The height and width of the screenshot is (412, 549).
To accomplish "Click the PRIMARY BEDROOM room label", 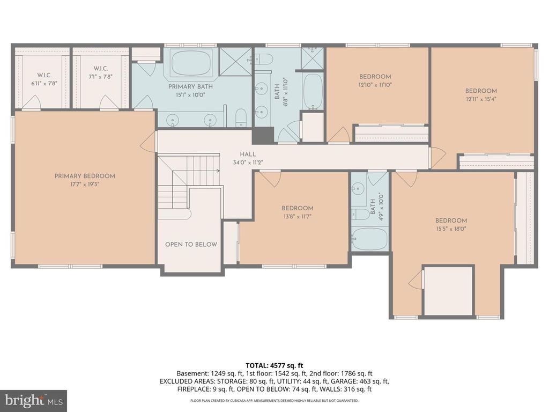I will (85, 176).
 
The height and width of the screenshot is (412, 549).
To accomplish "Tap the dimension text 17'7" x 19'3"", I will (85, 184).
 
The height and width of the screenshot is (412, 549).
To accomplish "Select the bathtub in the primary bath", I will (191, 63).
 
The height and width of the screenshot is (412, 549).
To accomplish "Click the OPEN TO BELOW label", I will (191, 245).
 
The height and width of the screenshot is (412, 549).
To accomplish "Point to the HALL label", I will (247, 154).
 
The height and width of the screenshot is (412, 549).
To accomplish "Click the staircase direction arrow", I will (217, 171).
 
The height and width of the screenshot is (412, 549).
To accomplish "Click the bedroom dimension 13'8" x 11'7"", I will (298, 216).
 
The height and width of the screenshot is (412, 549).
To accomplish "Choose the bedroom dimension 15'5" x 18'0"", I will (451, 229).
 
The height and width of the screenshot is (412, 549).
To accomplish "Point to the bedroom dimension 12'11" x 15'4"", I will (481, 99).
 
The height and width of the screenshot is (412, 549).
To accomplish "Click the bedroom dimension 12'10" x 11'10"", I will (375, 85).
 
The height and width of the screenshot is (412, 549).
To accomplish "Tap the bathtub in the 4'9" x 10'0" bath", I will (369, 239).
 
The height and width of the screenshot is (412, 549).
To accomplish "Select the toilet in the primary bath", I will (241, 117).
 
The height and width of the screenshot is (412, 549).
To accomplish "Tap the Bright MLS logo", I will (33, 400).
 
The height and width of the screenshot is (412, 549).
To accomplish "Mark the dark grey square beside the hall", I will (263, 135).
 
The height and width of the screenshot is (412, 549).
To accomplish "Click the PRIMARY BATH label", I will (190, 86).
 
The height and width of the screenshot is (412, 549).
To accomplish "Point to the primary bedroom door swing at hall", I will (147, 142).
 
